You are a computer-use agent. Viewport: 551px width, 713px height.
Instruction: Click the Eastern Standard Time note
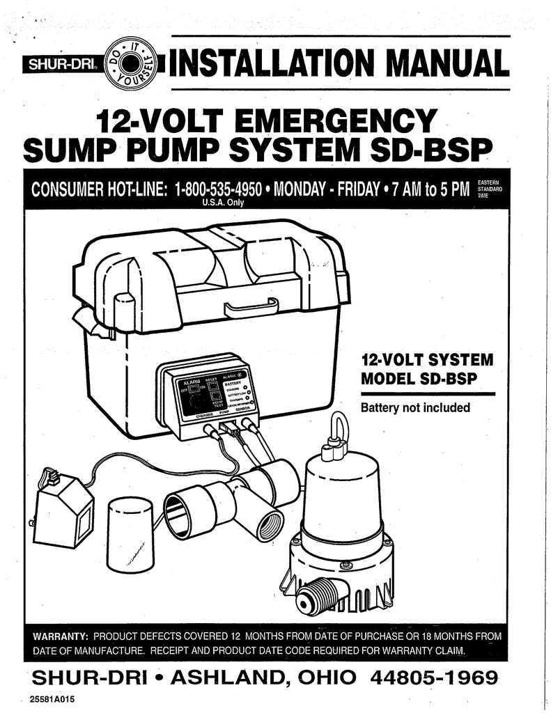[491, 189]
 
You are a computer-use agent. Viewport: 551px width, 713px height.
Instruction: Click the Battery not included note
[415, 407]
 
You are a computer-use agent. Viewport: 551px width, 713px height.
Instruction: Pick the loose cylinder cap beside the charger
[130, 534]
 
